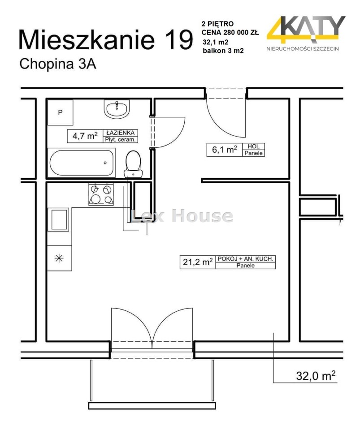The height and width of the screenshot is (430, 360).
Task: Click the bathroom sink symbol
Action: [x=117, y=109]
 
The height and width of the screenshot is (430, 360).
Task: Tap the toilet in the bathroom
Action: [x=133, y=164]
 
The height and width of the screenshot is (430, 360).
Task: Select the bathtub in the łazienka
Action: [x=81, y=163]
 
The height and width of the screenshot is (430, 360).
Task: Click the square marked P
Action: [x=61, y=112]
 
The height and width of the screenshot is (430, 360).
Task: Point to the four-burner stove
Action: [x=101, y=194]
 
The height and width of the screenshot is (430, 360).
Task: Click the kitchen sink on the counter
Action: [x=58, y=219]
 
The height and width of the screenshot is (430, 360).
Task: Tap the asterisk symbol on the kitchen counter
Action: [x=59, y=258]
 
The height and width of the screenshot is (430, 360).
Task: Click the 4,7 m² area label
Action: [x=85, y=136]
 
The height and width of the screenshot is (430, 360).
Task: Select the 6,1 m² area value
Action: [x=225, y=150]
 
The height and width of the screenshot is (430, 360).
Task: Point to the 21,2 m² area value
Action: [x=198, y=262]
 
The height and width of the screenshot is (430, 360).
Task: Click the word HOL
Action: [x=253, y=146]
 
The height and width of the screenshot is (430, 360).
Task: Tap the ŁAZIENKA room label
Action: [x=121, y=133]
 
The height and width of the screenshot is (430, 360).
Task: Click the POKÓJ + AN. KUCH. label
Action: [x=246, y=259]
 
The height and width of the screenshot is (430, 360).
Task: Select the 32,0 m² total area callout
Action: [x=316, y=375]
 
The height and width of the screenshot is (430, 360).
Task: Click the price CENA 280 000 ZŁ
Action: [x=230, y=32]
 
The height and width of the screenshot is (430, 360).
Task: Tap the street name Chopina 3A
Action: [x=58, y=64]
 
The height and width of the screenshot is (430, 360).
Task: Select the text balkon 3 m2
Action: [x=223, y=51]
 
